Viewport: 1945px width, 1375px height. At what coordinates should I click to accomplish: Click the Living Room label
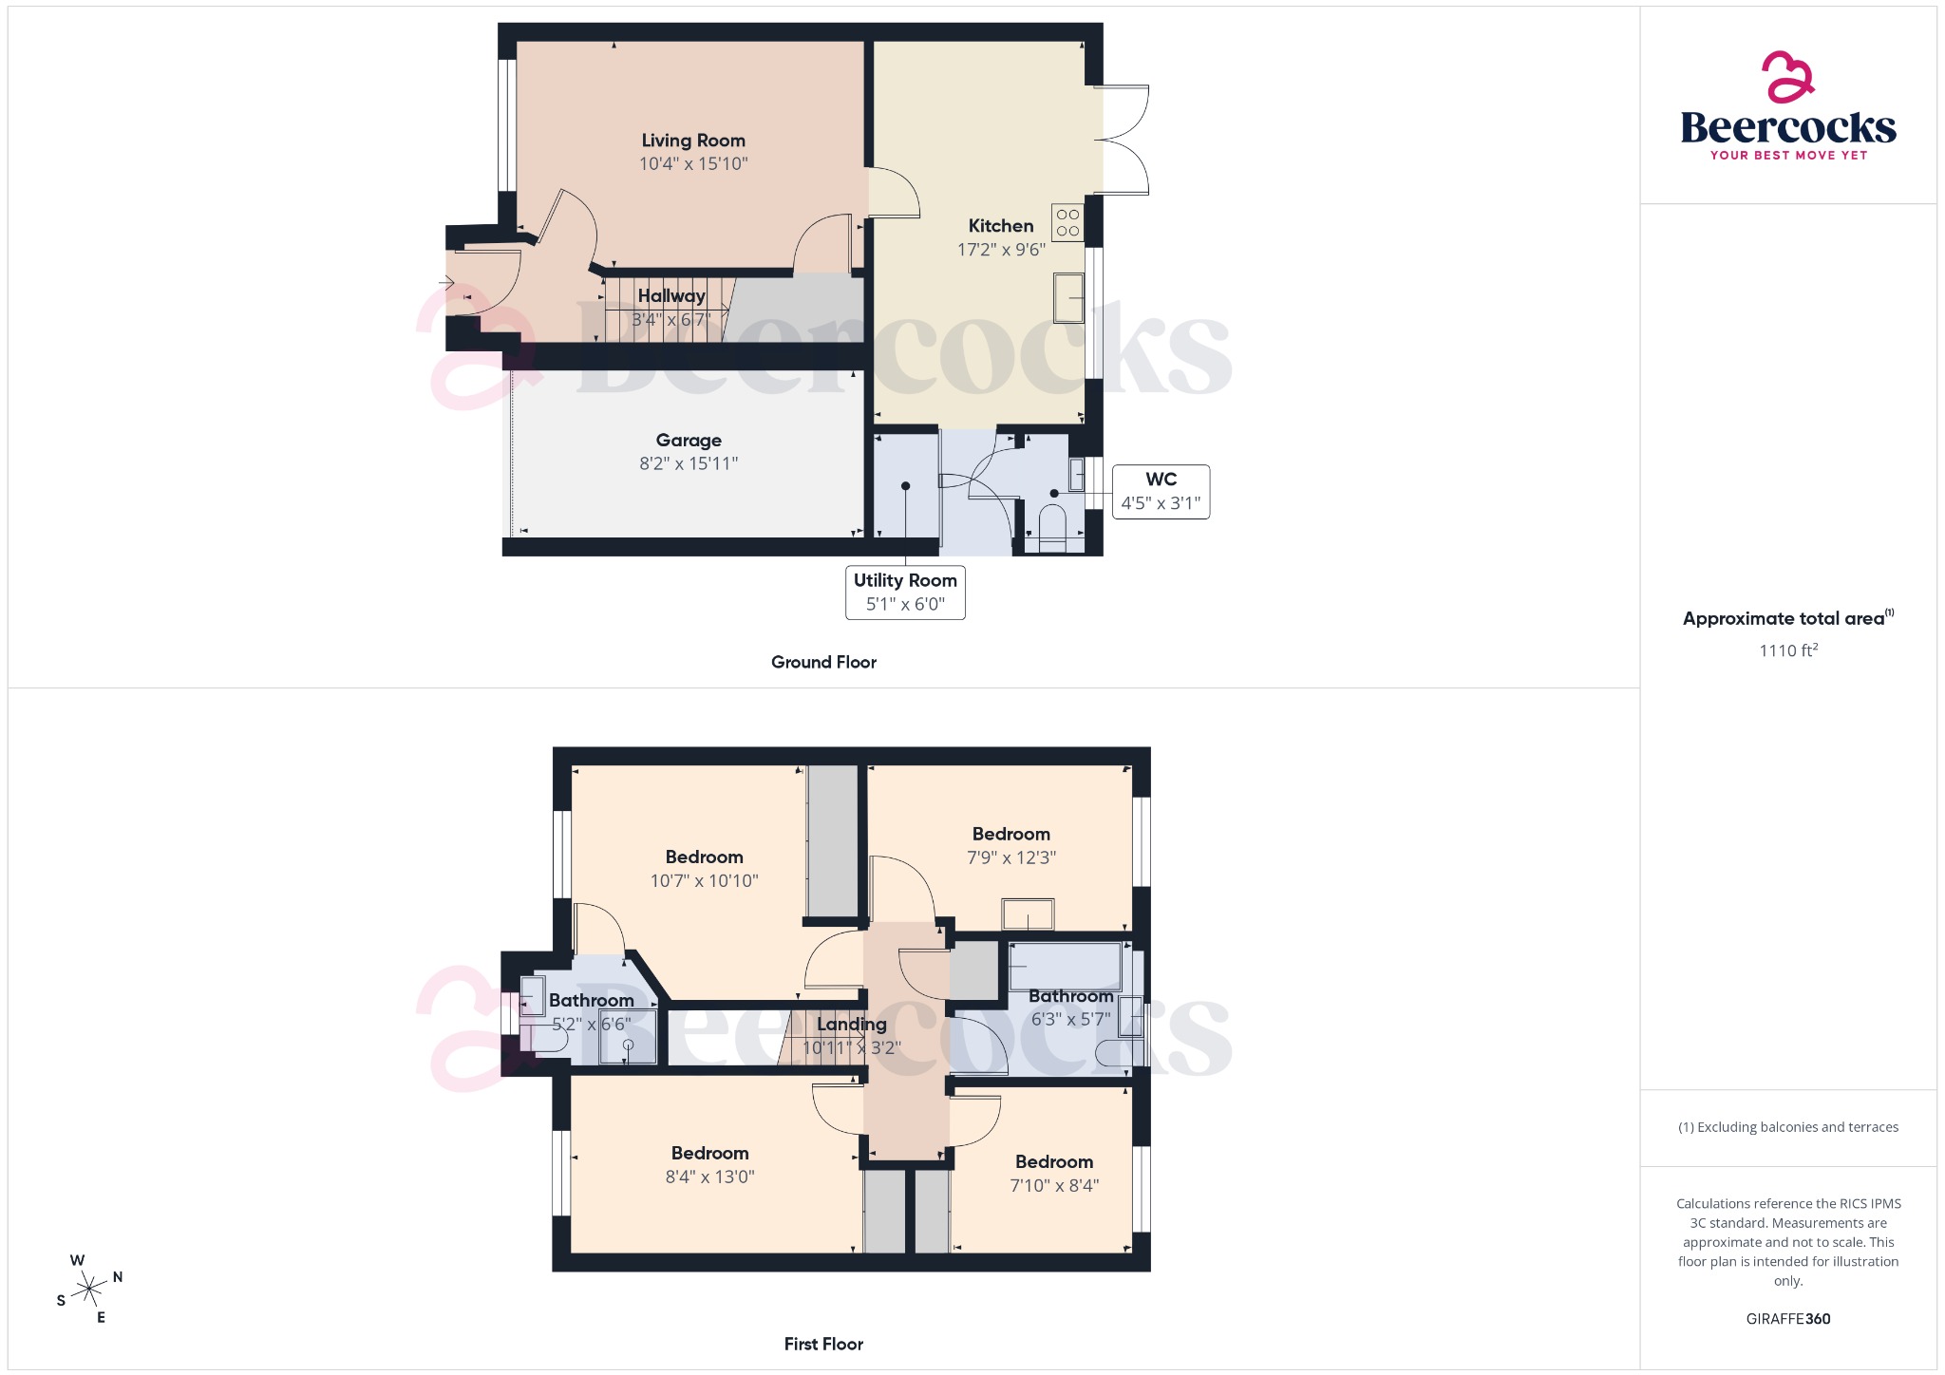point(692,141)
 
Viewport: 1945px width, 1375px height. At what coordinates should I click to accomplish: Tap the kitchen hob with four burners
point(1067,222)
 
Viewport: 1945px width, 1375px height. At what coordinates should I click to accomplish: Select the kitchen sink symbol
point(1069,298)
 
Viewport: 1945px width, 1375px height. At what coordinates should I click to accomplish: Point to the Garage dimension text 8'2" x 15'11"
point(689,463)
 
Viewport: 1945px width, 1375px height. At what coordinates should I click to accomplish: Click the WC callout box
point(1161,492)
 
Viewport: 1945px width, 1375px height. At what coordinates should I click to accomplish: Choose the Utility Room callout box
point(905,593)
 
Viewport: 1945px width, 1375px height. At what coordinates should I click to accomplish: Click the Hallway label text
point(671,296)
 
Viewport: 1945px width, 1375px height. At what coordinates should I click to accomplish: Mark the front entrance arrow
point(445,282)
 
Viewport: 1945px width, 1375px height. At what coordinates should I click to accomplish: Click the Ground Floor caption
point(823,662)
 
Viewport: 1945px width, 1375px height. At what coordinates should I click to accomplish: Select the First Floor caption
point(823,1344)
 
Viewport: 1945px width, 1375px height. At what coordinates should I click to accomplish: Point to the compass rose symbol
point(90,1289)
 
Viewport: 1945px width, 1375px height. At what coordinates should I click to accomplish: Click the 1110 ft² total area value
point(1787,650)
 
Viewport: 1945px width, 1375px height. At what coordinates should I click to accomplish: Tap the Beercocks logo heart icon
point(1787,77)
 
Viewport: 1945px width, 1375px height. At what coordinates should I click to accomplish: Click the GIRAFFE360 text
point(1787,1319)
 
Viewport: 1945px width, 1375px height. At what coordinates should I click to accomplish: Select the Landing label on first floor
point(852,1025)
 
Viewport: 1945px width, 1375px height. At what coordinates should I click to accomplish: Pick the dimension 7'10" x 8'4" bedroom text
point(1054,1185)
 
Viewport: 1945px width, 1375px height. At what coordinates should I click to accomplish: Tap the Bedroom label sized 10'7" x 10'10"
point(704,857)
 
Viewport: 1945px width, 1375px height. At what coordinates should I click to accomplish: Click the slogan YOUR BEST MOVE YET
point(1788,156)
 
